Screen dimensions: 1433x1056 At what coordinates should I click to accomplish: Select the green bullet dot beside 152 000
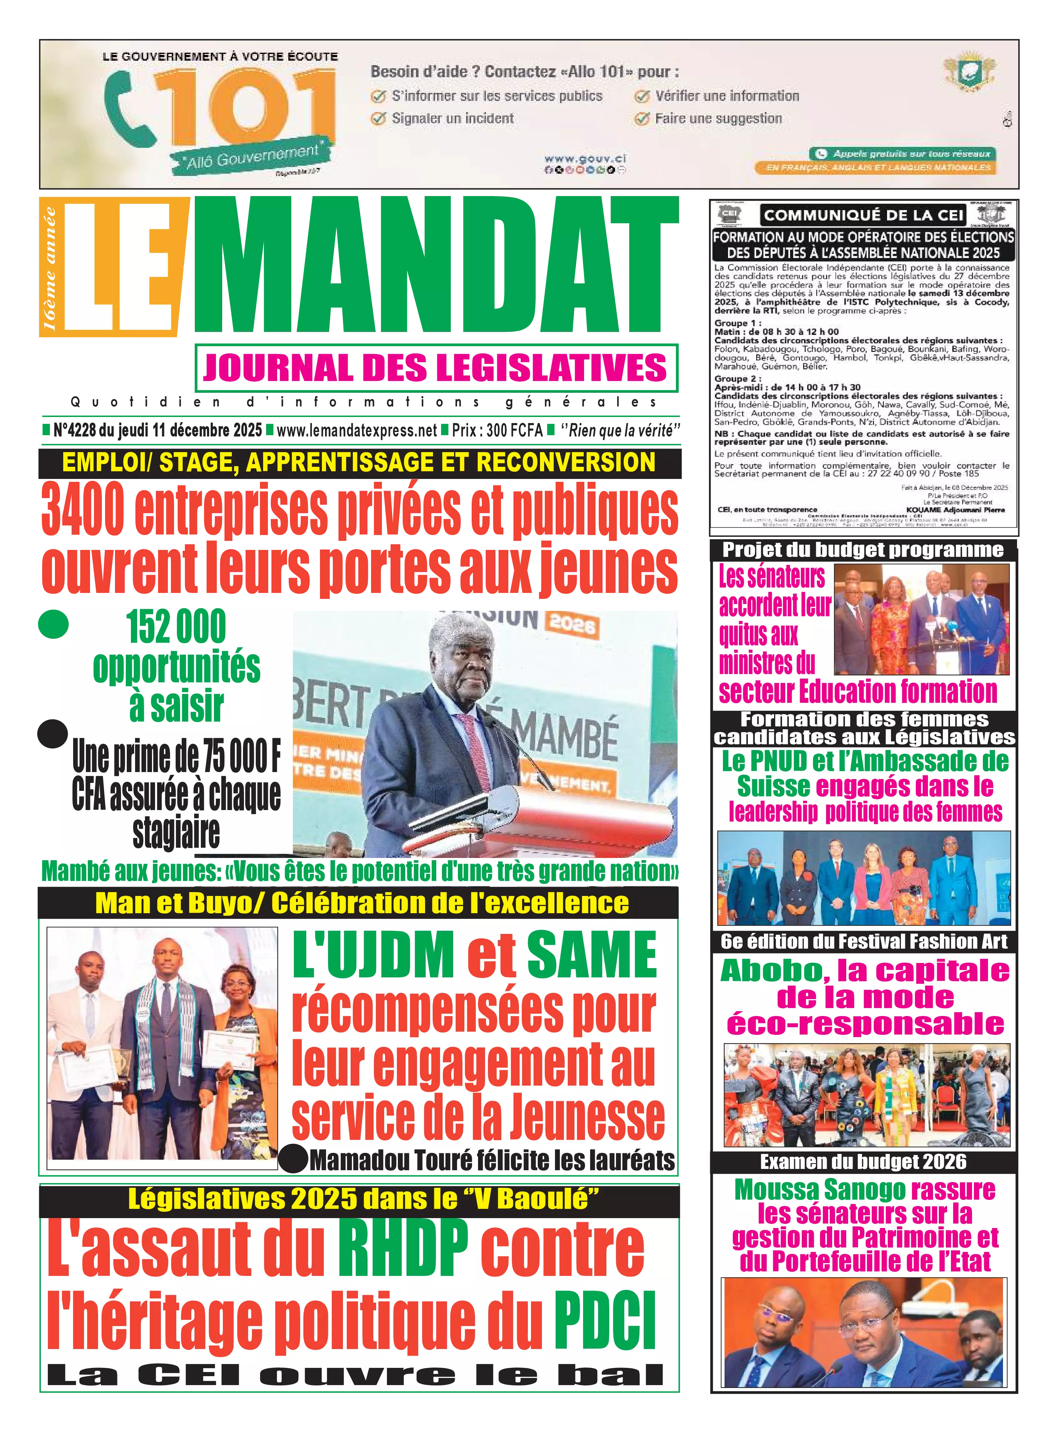pyautogui.click(x=52, y=625)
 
